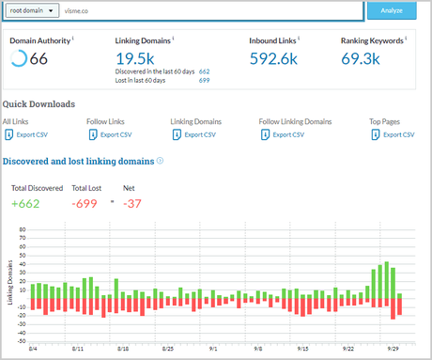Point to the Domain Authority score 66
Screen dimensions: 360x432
[39, 59]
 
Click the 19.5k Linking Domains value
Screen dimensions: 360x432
[129, 59]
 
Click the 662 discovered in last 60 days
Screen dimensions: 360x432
[205, 71]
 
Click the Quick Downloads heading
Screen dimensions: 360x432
[39, 104]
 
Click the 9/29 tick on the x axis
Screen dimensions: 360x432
[392, 347]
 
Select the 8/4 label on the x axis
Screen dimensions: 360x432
[34, 347]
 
